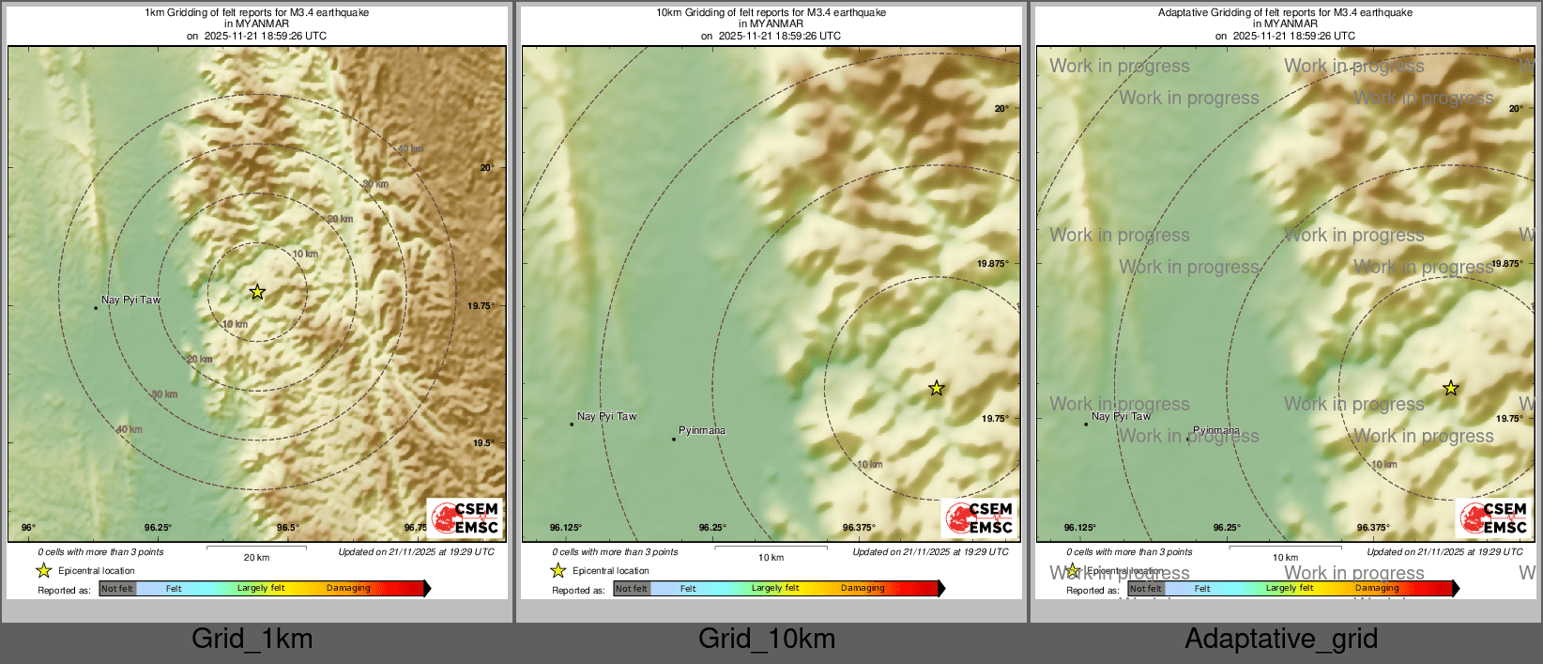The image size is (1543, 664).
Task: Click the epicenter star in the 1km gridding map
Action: [257, 292]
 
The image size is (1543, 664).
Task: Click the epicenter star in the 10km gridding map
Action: [936, 388]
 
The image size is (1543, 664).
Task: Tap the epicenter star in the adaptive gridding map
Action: [1450, 388]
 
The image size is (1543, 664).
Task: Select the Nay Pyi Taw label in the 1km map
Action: [130, 300]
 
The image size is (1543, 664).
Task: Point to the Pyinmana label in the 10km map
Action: [702, 430]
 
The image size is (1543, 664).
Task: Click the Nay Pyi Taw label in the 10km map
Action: [606, 416]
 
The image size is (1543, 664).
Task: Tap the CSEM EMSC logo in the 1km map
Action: [466, 517]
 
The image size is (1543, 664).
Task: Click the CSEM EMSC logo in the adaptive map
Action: [1494, 517]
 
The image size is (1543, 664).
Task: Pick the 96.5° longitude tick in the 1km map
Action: [288, 528]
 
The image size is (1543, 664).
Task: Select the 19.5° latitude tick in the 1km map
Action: [483, 443]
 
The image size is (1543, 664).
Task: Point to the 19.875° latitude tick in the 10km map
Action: [993, 264]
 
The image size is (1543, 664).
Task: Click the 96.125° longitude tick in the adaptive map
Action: [1080, 528]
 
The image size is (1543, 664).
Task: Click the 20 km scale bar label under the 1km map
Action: [256, 558]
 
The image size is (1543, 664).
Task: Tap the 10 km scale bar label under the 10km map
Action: [771, 558]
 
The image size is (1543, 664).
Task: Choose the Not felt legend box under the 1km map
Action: [117, 589]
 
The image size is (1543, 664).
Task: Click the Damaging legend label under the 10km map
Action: [863, 589]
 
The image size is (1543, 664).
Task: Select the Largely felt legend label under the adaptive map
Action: [1290, 589]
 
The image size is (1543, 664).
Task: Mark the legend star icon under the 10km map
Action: [558, 570]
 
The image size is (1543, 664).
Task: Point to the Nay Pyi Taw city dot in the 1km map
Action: [96, 307]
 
